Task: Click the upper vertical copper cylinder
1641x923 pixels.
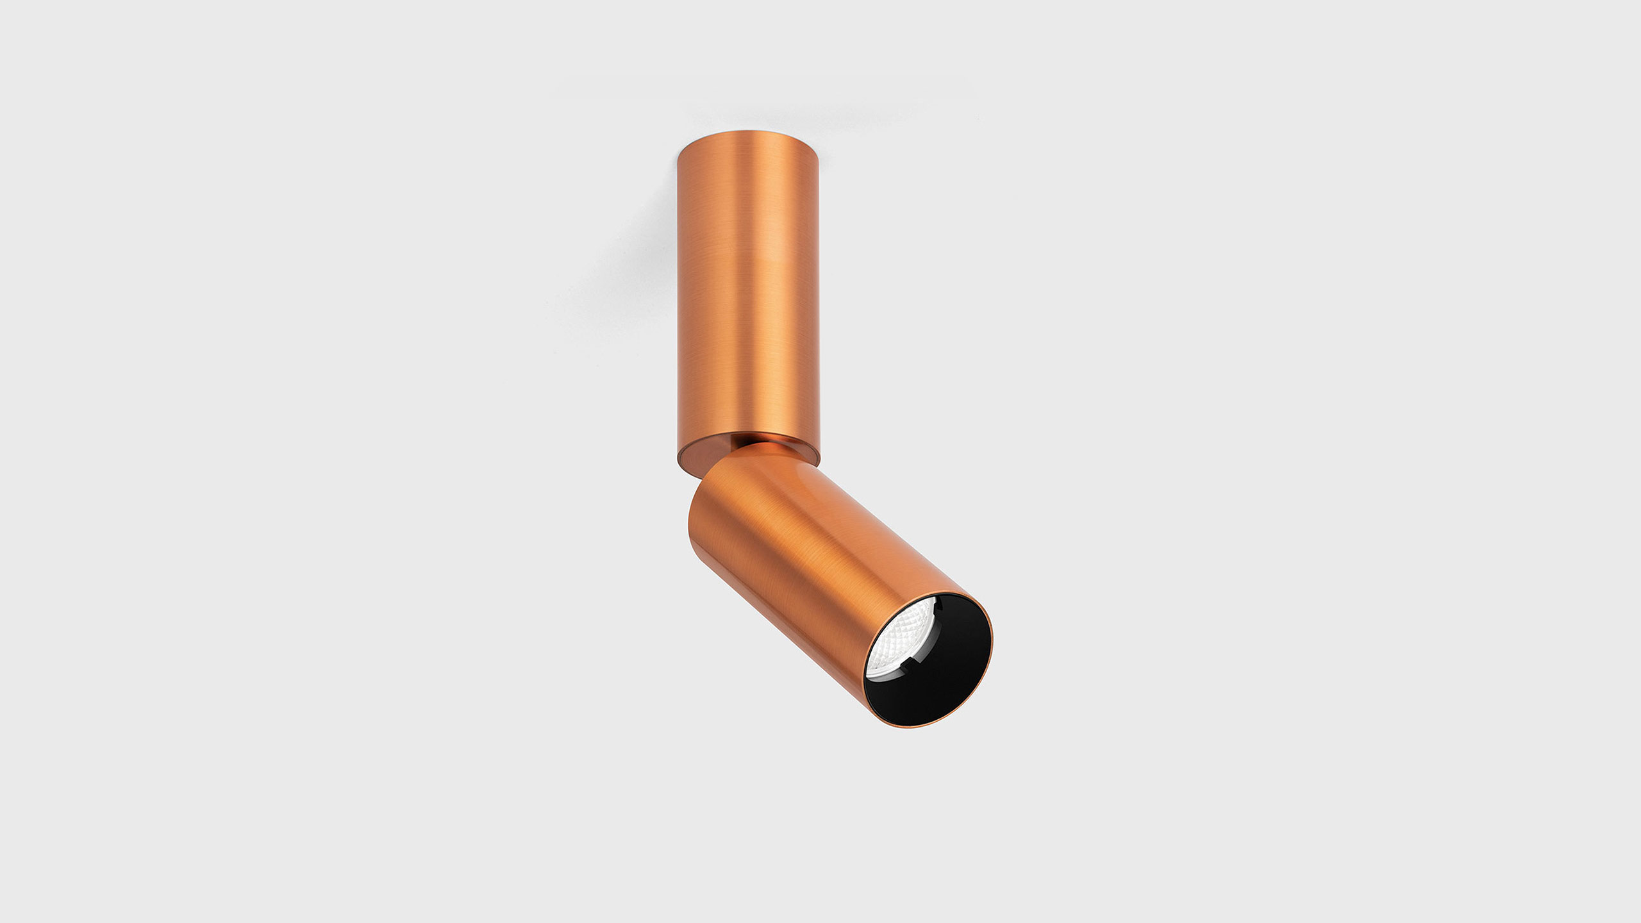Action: click(x=748, y=282)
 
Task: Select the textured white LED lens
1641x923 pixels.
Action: click(x=897, y=641)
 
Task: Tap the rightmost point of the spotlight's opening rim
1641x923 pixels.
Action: click(x=992, y=647)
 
